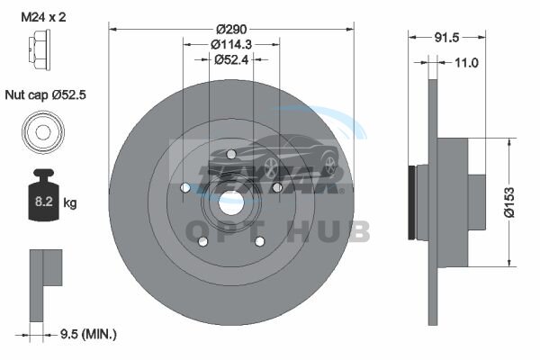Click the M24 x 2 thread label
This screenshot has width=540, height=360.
(x=43, y=17)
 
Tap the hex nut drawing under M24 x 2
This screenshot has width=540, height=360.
(x=40, y=49)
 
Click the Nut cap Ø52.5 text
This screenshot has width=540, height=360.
(x=46, y=94)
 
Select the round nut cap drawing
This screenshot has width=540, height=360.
(x=43, y=132)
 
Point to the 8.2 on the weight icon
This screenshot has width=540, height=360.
(x=44, y=202)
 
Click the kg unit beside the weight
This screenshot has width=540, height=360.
(x=70, y=202)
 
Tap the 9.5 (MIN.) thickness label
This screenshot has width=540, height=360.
(x=88, y=334)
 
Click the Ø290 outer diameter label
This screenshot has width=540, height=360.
(x=231, y=30)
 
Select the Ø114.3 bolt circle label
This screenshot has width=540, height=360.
(x=231, y=44)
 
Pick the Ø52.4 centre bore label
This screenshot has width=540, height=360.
(x=231, y=60)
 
